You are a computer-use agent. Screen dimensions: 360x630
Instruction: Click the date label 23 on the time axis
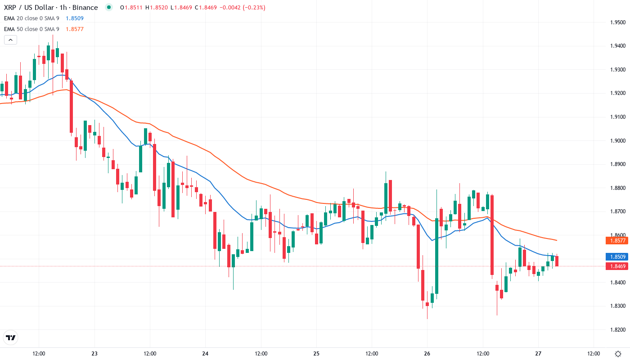click(x=94, y=354)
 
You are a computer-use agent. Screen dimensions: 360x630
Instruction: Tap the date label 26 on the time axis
click(x=427, y=354)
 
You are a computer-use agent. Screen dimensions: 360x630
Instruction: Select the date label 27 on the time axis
click(x=538, y=354)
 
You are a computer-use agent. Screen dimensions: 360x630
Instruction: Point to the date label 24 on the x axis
click(x=205, y=354)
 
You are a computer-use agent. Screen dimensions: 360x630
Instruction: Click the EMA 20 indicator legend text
click(x=31, y=18)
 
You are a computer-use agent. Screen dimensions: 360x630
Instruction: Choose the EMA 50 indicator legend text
click(x=31, y=29)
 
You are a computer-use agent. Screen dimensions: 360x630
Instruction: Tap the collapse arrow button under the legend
click(x=10, y=40)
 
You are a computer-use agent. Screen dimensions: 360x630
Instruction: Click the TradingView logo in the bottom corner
click(x=11, y=337)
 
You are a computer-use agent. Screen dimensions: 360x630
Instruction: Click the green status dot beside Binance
click(x=108, y=8)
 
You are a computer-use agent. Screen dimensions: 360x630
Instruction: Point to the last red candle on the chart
click(x=557, y=261)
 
